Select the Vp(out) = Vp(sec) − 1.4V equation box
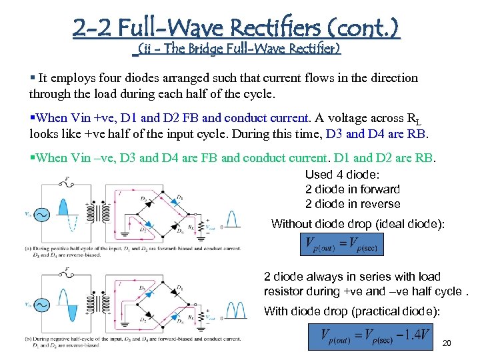(x=369, y=336)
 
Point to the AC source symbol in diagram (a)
(x=43, y=215)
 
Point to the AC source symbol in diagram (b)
(x=42, y=305)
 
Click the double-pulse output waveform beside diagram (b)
(x=233, y=308)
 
